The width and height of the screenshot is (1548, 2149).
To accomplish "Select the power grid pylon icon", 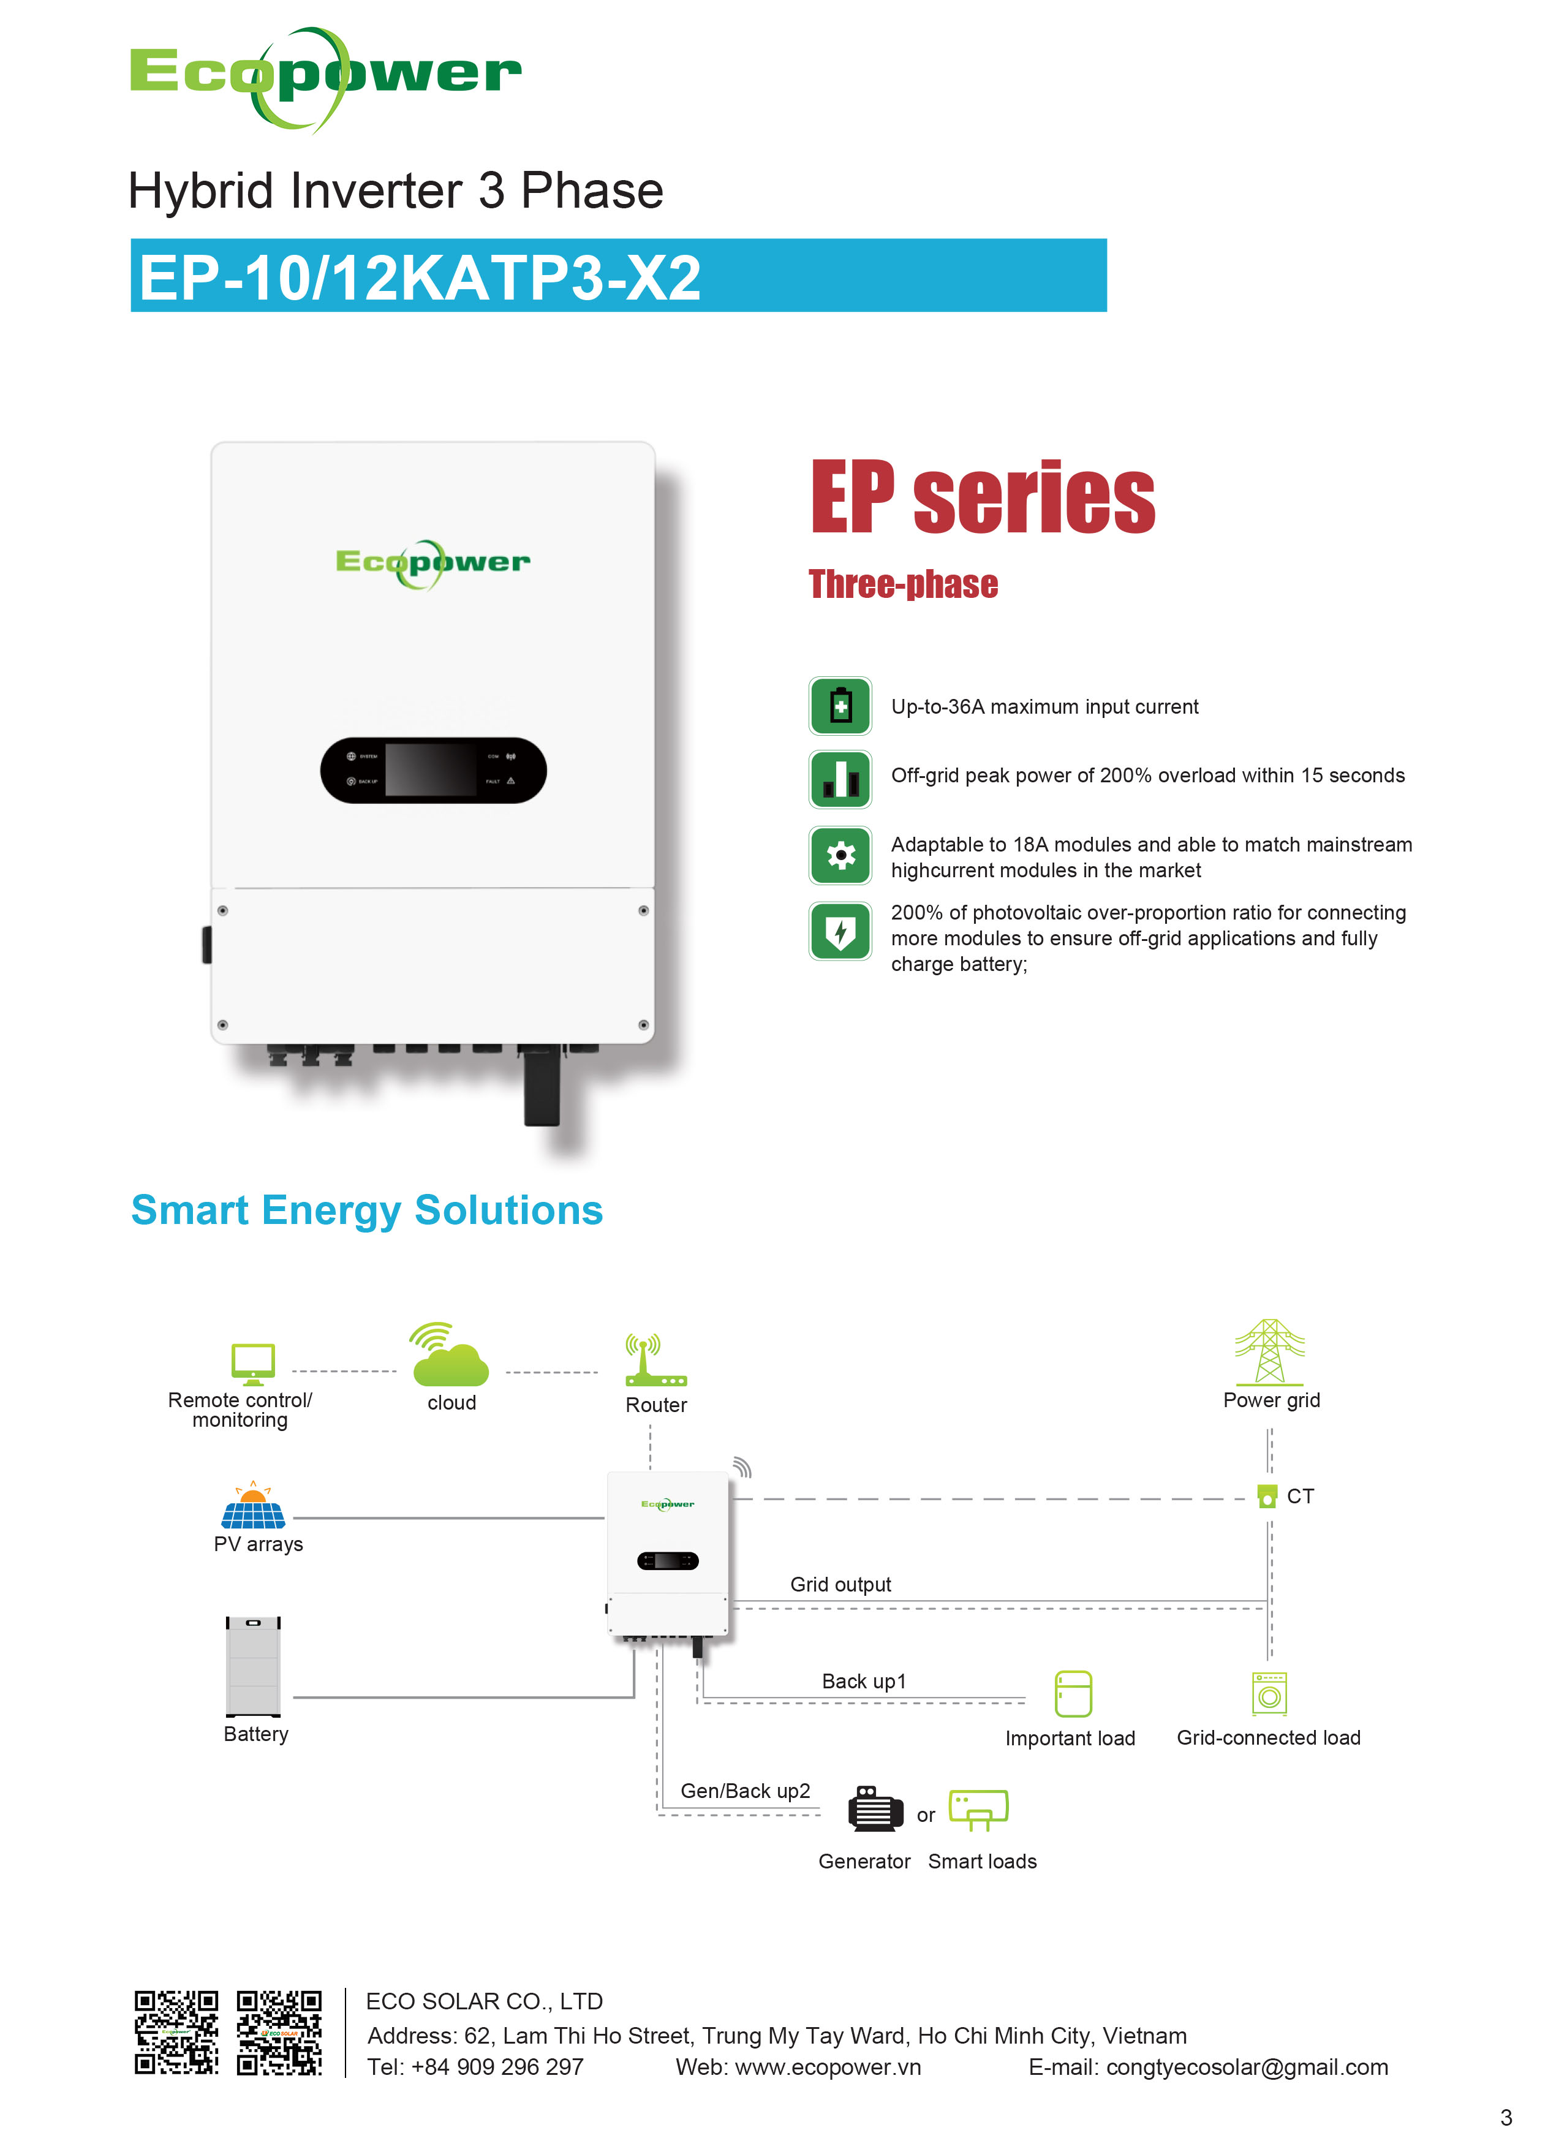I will [x=1269, y=1352].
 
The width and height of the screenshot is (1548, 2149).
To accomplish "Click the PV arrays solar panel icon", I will [x=253, y=1506].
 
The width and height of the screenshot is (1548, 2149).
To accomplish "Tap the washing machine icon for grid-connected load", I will [x=1269, y=1694].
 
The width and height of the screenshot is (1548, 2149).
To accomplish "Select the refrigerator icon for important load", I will [x=1073, y=1694].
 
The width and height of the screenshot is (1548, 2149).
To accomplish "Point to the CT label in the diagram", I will [x=1300, y=1497].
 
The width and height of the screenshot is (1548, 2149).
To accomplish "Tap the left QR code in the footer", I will [x=176, y=2033].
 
